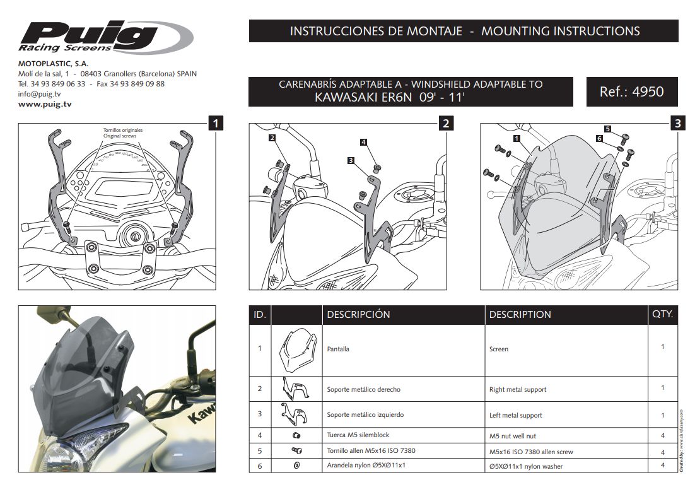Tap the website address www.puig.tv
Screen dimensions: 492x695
(45, 103)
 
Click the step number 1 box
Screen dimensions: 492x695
(216, 123)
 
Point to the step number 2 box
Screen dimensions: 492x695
(445, 123)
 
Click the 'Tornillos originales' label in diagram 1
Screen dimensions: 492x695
(120, 131)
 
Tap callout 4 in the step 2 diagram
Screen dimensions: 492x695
(364, 143)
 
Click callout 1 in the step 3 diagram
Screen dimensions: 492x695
(517, 137)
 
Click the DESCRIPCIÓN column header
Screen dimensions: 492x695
(358, 314)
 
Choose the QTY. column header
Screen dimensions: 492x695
(662, 314)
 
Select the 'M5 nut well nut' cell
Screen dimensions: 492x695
(513, 436)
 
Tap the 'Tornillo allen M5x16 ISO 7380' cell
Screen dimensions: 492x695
(371, 451)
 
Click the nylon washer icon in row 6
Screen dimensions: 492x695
(296, 466)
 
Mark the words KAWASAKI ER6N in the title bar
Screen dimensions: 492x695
(360, 98)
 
